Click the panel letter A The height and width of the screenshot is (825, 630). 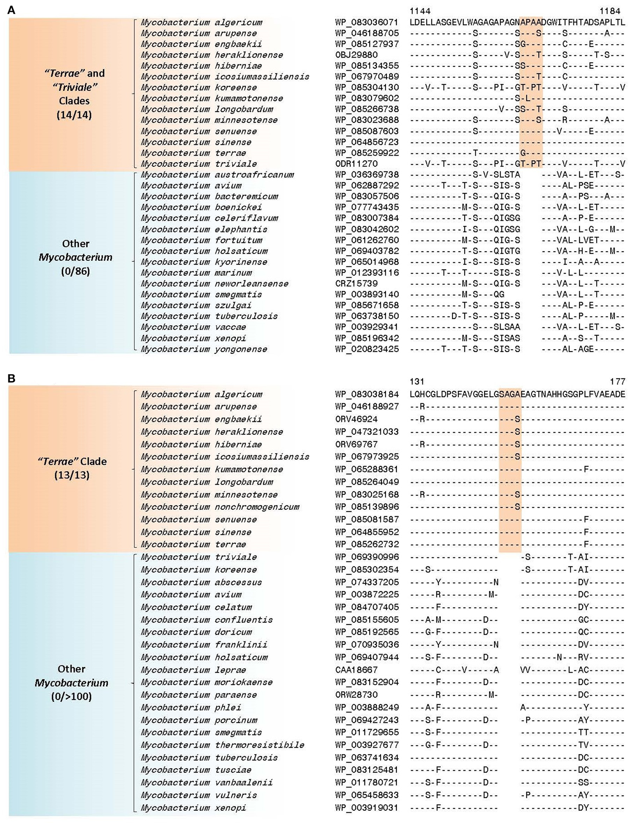(12, 10)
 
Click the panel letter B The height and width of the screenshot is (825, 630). (12, 379)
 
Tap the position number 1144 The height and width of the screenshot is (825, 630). (420, 11)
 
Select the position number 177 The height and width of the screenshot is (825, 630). (618, 382)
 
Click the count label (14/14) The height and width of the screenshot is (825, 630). (74, 114)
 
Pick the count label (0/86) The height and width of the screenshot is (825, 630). (75, 270)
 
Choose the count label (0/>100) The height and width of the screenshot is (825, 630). (71, 696)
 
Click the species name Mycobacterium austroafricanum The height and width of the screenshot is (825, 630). (217, 175)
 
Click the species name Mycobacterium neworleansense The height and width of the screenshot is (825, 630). (214, 284)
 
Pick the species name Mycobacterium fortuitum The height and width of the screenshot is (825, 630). (201, 240)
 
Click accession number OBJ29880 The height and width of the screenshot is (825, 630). (356, 55)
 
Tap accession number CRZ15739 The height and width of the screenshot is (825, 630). (356, 284)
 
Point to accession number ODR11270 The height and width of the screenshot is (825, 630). (356, 164)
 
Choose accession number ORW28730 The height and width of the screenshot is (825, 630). (356, 695)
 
